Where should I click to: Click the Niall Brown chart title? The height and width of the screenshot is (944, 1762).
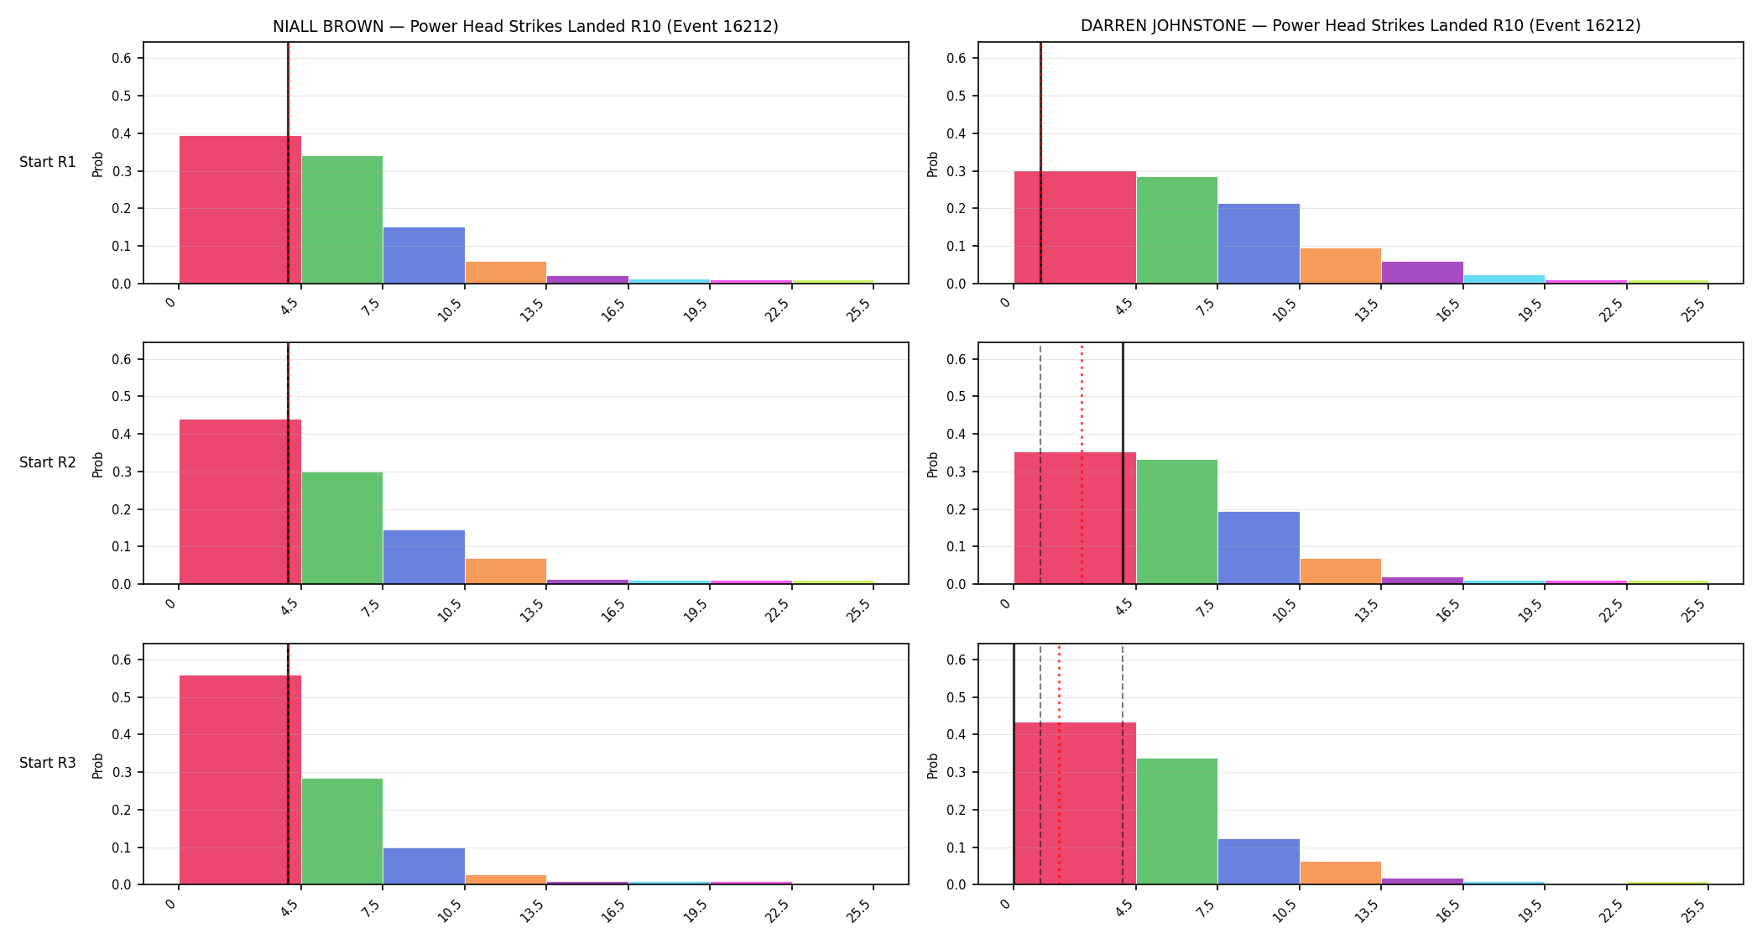pyautogui.click(x=525, y=26)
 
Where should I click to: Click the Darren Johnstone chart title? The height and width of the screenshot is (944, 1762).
pyautogui.click(x=1360, y=26)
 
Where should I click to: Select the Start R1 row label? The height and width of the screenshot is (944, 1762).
pyautogui.click(x=48, y=162)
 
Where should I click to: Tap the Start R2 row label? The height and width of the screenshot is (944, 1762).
pyautogui.click(x=48, y=462)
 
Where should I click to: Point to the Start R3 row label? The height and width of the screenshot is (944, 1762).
pyautogui.click(x=48, y=763)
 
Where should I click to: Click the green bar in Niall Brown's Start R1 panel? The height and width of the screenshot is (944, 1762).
pyautogui.click(x=342, y=220)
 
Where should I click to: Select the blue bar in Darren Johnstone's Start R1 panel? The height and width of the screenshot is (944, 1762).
pyautogui.click(x=1259, y=243)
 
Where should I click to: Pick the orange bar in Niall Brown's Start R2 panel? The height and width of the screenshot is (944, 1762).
pyautogui.click(x=506, y=571)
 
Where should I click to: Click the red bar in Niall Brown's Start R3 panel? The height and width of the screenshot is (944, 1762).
pyautogui.click(x=240, y=780)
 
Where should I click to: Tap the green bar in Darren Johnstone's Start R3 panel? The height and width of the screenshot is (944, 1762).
pyautogui.click(x=1177, y=821)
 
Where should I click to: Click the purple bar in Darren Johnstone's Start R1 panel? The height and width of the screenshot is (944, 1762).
pyautogui.click(x=1422, y=273)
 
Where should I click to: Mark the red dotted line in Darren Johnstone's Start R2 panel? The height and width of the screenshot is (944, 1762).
pyautogui.click(x=1082, y=463)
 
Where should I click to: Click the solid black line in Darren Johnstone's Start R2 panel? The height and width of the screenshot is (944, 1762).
pyautogui.click(x=1123, y=463)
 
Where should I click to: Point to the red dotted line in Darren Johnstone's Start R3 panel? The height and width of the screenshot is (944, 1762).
pyautogui.click(x=1059, y=764)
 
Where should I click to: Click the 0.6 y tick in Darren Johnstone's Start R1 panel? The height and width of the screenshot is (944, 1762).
pyautogui.click(x=957, y=58)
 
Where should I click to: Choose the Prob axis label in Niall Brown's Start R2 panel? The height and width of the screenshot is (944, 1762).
pyautogui.click(x=98, y=464)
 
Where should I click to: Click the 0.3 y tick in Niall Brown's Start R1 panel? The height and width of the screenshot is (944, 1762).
pyautogui.click(x=122, y=171)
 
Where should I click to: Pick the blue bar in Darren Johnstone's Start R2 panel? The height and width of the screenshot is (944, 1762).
pyautogui.click(x=1259, y=548)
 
